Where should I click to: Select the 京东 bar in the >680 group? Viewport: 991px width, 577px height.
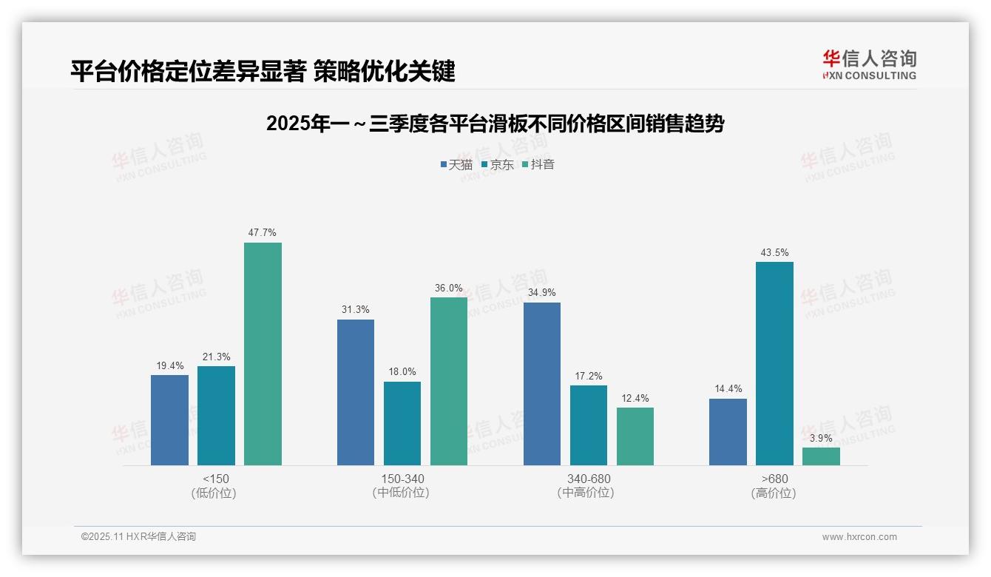pyautogui.click(x=774, y=363)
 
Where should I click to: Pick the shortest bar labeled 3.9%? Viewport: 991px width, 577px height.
pyautogui.click(x=821, y=456)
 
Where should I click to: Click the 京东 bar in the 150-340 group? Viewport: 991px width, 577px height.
pyautogui.click(x=402, y=423)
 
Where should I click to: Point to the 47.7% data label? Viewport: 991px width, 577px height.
pyautogui.click(x=263, y=232)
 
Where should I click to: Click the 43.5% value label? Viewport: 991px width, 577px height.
pyautogui.click(x=774, y=252)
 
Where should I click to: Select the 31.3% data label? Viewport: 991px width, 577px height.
pyautogui.click(x=356, y=309)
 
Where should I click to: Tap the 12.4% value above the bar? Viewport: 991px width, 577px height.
pyautogui.click(x=635, y=398)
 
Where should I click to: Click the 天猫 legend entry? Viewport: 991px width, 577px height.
pyautogui.click(x=456, y=164)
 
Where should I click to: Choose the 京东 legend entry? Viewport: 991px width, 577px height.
pyautogui.click(x=497, y=164)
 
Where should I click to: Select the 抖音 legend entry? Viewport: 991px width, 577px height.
pyautogui.click(x=538, y=164)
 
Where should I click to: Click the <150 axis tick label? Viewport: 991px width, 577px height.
pyautogui.click(x=216, y=479)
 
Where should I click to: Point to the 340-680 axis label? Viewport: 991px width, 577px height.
pyautogui.click(x=589, y=479)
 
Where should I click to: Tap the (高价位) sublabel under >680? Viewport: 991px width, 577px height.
pyautogui.click(x=774, y=493)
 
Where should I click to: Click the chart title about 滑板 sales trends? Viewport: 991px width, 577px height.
pyautogui.click(x=495, y=124)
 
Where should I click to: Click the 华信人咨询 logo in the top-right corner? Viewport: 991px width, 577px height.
pyautogui.click(x=869, y=64)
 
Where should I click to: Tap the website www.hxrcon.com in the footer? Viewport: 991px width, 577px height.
pyautogui.click(x=859, y=537)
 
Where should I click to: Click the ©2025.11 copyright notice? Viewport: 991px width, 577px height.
pyautogui.click(x=138, y=537)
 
